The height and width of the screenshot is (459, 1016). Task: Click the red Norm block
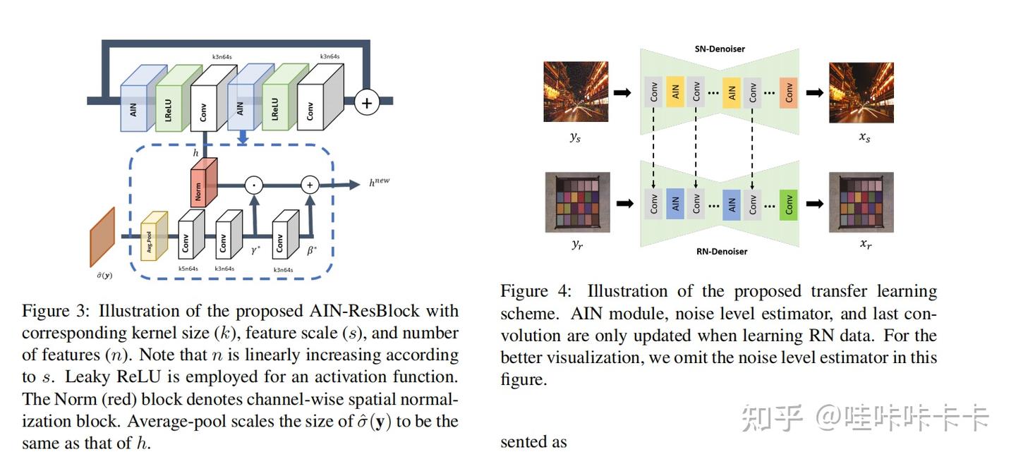[203, 183]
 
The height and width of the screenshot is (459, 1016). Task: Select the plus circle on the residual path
[366, 102]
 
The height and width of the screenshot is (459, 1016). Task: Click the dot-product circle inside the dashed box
[253, 185]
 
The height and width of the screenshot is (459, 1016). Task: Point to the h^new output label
[379, 182]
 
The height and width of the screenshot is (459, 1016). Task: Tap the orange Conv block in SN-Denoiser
[788, 92]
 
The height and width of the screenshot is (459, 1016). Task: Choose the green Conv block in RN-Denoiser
[788, 204]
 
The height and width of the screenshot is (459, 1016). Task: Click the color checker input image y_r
[576, 203]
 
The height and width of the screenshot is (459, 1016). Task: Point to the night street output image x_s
[861, 92]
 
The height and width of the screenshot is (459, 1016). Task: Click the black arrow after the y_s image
[622, 92]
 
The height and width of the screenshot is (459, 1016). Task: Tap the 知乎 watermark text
[772, 419]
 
